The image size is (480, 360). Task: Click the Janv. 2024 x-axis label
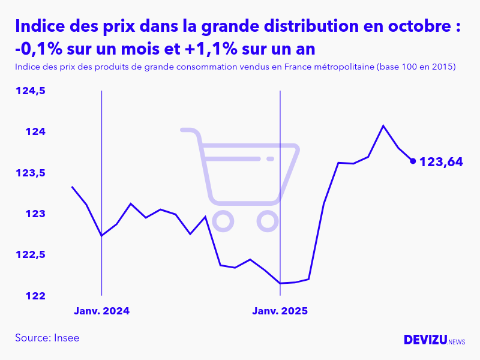click(101, 311)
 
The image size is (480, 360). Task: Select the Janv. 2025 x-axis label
click(280, 311)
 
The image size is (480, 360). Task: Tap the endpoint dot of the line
click(413, 161)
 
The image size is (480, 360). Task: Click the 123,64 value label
click(441, 161)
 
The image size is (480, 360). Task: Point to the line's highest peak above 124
click(383, 126)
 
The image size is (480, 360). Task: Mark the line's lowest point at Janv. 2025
click(280, 283)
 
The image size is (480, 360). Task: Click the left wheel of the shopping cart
click(223, 221)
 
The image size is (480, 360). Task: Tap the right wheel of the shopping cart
click(268, 221)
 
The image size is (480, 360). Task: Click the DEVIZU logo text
click(425, 340)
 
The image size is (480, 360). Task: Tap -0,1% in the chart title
click(41, 48)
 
